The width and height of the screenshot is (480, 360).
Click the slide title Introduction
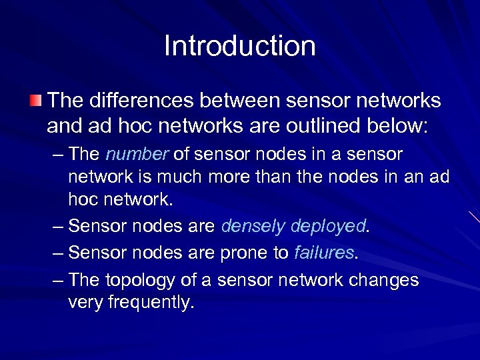pyautogui.click(x=240, y=46)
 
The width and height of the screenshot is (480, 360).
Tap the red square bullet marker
pyautogui.click(x=35, y=101)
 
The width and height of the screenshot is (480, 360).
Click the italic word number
pyautogui.click(x=137, y=155)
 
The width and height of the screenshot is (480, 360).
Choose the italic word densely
pyautogui.click(x=254, y=227)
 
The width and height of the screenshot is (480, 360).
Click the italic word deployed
pyautogui.click(x=328, y=227)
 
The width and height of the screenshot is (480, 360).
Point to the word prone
pyautogui.click(x=241, y=253)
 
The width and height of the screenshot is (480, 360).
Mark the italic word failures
pyautogui.click(x=324, y=253)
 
